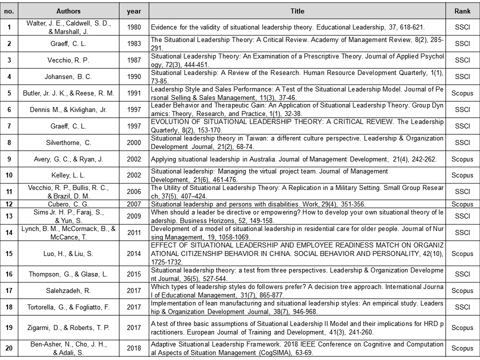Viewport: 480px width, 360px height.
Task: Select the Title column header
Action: coord(297,10)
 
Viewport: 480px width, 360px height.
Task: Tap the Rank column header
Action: coord(462,10)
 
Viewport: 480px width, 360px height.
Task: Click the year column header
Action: coord(134,10)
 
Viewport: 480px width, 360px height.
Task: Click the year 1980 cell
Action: coord(134,26)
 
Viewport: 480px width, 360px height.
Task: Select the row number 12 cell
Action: coord(9,204)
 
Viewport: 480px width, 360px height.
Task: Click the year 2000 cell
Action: coord(134,142)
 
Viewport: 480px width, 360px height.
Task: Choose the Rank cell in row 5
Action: coord(462,93)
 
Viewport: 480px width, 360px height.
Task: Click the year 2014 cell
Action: coord(134,253)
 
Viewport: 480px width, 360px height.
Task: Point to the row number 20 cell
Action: coord(9,348)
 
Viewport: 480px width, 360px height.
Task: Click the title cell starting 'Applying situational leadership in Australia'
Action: coord(297,159)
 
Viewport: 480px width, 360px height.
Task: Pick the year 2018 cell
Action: coord(134,348)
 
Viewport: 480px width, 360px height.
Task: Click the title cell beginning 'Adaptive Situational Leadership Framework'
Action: coord(297,348)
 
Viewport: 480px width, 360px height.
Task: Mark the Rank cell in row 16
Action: coord(462,274)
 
